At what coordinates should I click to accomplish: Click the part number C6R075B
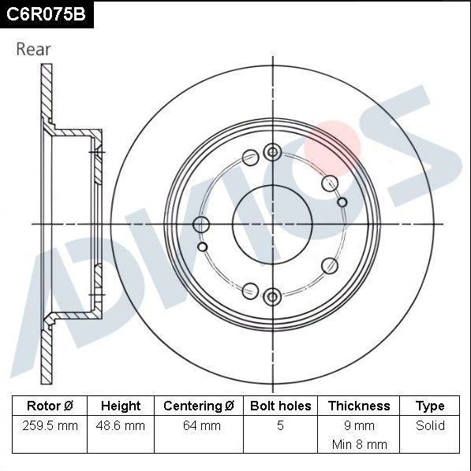click(45, 13)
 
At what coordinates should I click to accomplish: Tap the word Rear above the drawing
click(33, 49)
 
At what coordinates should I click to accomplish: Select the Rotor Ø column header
click(50, 406)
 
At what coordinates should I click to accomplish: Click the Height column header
click(120, 406)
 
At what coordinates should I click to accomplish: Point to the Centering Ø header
click(199, 406)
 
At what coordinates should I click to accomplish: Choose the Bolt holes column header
click(280, 406)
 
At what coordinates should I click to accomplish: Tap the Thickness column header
click(359, 406)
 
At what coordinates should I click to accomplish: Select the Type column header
click(430, 406)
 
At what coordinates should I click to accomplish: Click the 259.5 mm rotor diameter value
click(50, 425)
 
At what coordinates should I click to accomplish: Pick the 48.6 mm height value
click(120, 425)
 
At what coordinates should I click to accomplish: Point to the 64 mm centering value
click(199, 425)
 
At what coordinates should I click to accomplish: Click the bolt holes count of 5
click(280, 425)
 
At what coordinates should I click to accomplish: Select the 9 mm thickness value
click(359, 425)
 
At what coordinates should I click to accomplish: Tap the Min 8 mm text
click(359, 444)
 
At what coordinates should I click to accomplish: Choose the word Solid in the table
click(430, 425)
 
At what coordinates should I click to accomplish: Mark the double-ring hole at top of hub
click(272, 152)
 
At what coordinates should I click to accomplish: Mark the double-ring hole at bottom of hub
click(272, 296)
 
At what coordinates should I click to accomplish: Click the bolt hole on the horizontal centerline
click(201, 224)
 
